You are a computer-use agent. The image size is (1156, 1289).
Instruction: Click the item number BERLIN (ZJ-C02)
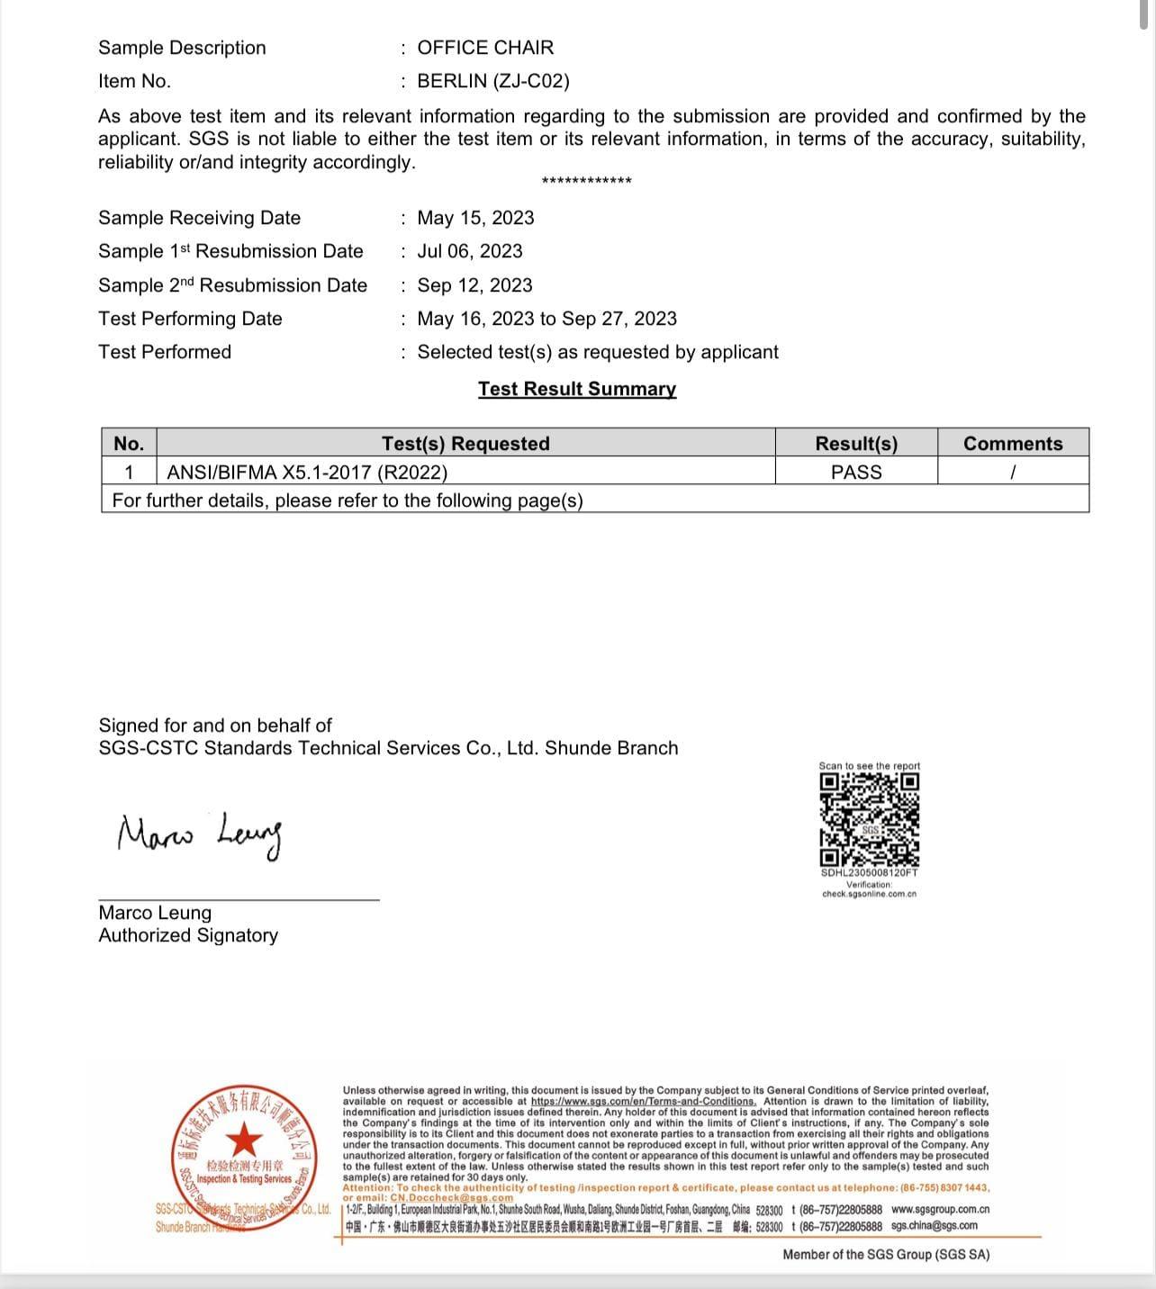pos(492,81)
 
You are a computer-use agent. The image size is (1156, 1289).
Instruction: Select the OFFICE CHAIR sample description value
pos(485,48)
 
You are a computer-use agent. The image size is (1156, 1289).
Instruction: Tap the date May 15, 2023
pos(475,218)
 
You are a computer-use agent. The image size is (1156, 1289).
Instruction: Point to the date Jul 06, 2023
pos(469,251)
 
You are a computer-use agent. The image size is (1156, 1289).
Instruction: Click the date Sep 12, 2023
pos(474,285)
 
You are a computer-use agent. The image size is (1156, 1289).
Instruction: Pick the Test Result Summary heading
pos(577,389)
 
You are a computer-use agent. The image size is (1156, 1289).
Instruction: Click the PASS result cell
pos(856,472)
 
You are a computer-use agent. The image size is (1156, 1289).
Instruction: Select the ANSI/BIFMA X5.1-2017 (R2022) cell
pos(307,472)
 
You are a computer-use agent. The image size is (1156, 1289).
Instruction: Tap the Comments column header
pos(1013,444)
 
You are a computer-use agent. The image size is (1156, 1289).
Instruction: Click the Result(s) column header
pos(856,444)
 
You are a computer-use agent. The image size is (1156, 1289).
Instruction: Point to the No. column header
pos(129,444)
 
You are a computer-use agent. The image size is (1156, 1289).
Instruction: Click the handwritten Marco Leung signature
pos(200,835)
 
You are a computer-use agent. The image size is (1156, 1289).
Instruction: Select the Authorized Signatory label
pos(188,935)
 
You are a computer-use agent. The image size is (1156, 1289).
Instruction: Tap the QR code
pos(869,819)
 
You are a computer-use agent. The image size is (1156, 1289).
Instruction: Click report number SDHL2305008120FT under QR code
pos(869,873)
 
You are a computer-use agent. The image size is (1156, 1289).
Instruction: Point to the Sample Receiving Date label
pos(199,218)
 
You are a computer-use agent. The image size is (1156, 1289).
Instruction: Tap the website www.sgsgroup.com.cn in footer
pos(940,1210)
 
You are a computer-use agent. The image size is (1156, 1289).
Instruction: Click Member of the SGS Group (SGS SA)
pos(886,1255)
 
